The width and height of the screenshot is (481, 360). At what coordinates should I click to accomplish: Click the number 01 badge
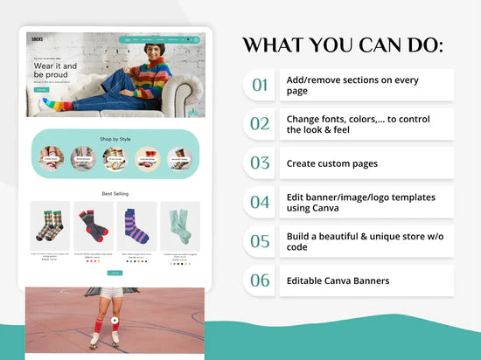click(260, 85)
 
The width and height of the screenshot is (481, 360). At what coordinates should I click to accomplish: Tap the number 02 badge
click(260, 124)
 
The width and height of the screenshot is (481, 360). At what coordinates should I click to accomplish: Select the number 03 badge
click(260, 163)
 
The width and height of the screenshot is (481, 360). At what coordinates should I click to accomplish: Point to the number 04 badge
click(260, 202)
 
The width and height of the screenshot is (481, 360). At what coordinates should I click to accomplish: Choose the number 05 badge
click(260, 241)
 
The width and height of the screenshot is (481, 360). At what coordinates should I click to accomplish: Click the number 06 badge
click(260, 280)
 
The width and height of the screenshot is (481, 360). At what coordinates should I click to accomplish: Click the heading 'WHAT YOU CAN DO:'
click(342, 44)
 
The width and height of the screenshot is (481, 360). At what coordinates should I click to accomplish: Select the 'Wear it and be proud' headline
click(55, 70)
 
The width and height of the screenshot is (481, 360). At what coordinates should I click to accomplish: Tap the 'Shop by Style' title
click(115, 138)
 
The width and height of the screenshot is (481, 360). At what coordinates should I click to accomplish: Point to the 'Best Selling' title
click(115, 194)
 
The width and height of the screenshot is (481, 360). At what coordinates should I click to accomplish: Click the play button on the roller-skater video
click(115, 320)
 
